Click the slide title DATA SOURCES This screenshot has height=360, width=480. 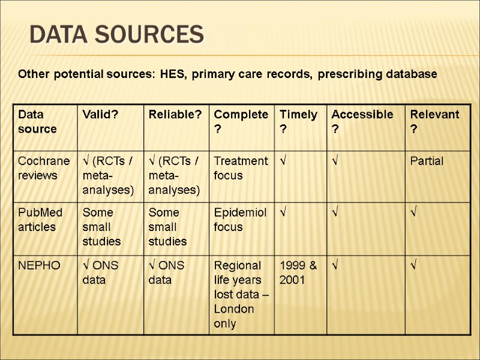click(x=116, y=35)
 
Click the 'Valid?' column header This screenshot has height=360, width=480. click(x=99, y=115)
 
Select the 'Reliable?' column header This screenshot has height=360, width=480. click(x=175, y=115)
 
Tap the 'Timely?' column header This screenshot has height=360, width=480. click(x=298, y=121)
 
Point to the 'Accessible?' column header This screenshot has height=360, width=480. click(x=362, y=121)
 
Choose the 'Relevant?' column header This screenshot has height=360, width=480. click(x=434, y=121)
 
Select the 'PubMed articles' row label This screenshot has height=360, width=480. click(x=40, y=220)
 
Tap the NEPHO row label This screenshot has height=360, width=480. click(x=39, y=265)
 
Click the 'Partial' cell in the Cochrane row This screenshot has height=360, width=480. click(x=427, y=161)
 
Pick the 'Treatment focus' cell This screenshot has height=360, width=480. click(x=240, y=168)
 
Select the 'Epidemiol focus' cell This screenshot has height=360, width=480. click(x=240, y=220)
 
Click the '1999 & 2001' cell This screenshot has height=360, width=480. click(x=298, y=272)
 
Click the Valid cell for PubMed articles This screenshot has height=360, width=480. click(x=101, y=227)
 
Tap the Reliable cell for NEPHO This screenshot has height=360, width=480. click(x=167, y=272)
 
